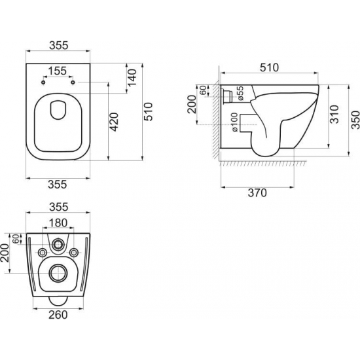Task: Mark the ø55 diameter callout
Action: tap(241, 94)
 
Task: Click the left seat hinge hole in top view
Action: tap(43, 82)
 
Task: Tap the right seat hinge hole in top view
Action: tap(74, 82)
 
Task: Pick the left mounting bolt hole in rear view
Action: tap(43, 253)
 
